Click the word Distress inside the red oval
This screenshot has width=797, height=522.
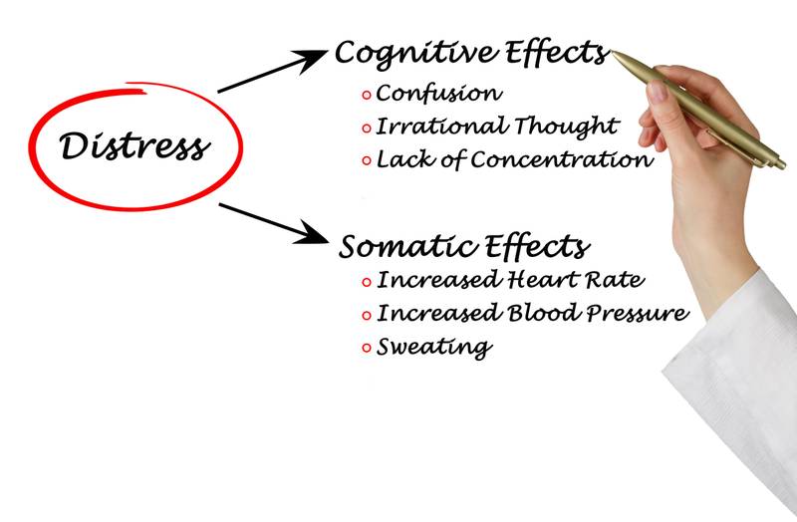click(x=134, y=146)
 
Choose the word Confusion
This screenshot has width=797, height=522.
click(x=438, y=94)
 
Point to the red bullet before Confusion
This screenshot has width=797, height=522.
click(x=367, y=95)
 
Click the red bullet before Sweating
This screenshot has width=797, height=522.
click(x=367, y=348)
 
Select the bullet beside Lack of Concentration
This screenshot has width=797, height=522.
click(x=367, y=159)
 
